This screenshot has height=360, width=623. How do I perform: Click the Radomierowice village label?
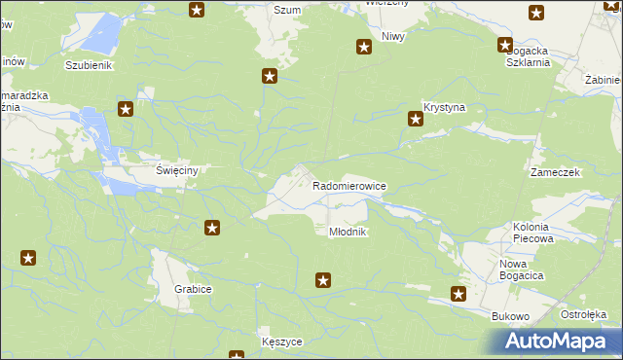pos(349,185)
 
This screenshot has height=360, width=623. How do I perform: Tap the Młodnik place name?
pos(347,232)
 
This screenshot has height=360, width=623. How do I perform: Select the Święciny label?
pos(177,170)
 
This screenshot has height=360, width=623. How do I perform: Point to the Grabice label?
pos(193,289)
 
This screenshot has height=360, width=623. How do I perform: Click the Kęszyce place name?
pos(282,342)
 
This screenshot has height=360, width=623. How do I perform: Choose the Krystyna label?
pos(446,106)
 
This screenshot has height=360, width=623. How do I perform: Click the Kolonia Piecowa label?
pos(532,232)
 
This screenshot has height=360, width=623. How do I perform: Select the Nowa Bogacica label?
pos(521,270)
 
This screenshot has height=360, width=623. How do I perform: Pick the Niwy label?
pos(392,36)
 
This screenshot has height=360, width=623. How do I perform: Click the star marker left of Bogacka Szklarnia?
pos(505,44)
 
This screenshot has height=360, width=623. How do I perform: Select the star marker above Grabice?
pos(211,228)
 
